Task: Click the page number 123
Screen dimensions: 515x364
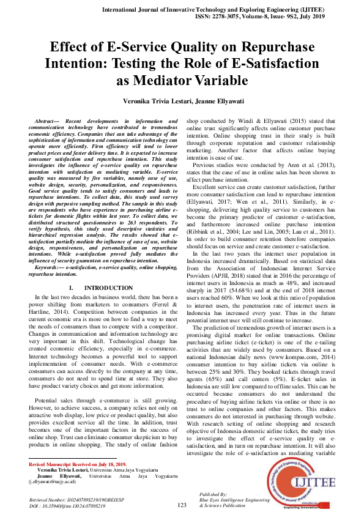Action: (x=182, y=505)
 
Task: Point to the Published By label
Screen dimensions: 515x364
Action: (x=214, y=494)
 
